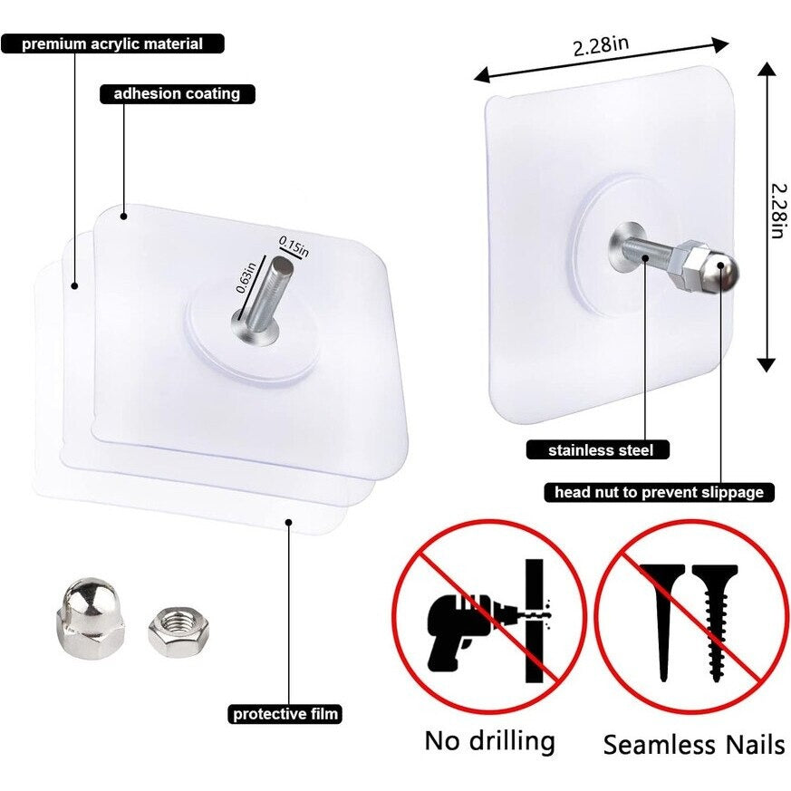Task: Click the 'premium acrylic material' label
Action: tap(112, 43)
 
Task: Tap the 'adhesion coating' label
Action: tap(176, 93)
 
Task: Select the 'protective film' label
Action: tap(285, 713)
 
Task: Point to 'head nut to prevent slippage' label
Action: tap(658, 492)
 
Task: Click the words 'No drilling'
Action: tap(489, 740)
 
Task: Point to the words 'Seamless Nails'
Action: tap(694, 745)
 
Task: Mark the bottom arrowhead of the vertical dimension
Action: tap(767, 363)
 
